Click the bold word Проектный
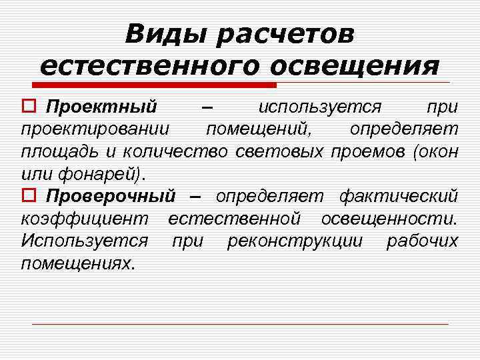(102, 107)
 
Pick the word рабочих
(423, 241)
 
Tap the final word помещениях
(78, 263)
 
